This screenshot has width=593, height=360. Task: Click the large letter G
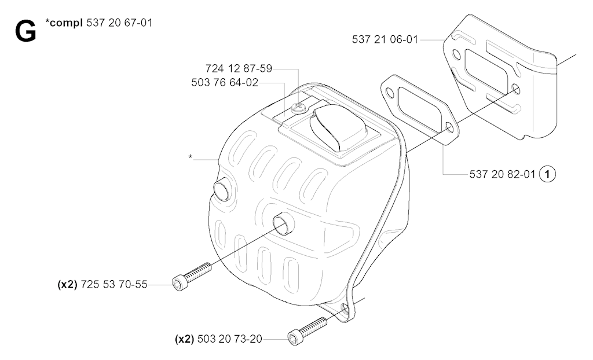point(25,31)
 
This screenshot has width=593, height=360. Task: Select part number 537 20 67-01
point(119,23)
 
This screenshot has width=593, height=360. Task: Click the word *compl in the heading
point(64,24)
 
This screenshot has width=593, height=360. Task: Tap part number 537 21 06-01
point(385,39)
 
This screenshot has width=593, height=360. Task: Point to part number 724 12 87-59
point(239,68)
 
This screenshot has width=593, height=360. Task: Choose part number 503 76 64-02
point(225,82)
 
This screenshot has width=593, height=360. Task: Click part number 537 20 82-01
point(502,174)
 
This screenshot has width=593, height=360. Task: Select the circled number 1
point(547,174)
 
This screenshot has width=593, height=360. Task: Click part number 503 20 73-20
point(229,339)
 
